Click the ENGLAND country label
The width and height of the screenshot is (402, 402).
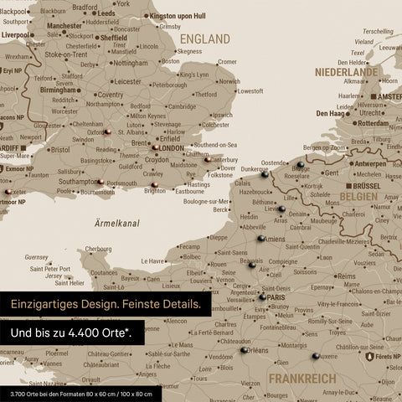pos(204,39)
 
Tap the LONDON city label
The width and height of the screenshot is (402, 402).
pos(171,148)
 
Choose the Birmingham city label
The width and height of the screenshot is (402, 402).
pos(60,90)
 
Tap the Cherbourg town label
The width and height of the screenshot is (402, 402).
pos(99,249)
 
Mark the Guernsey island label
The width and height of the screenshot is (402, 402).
pos(38,257)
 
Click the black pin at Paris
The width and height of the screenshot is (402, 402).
pos(262,296)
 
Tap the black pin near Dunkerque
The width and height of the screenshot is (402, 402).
pos(265,175)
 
